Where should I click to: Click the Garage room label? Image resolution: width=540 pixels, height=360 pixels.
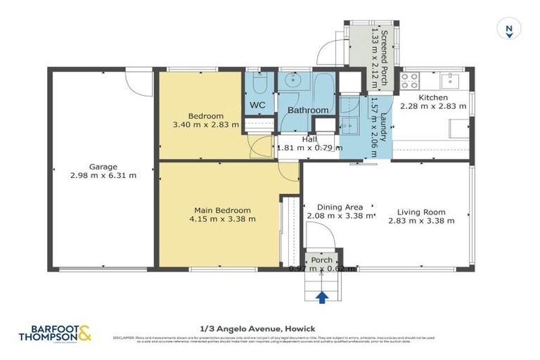tap(103, 167)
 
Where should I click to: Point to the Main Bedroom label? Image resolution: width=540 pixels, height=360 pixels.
tap(222, 210)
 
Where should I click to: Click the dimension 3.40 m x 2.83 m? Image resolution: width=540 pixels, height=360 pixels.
tap(205, 124)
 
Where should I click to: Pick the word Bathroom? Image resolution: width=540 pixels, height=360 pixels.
tap(308, 110)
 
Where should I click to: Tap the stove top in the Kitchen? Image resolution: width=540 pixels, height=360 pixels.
tap(410, 78)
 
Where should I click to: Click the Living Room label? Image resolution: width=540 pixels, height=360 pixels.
tap(421, 212)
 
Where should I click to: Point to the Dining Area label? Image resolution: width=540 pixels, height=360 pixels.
tap(340, 207)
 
